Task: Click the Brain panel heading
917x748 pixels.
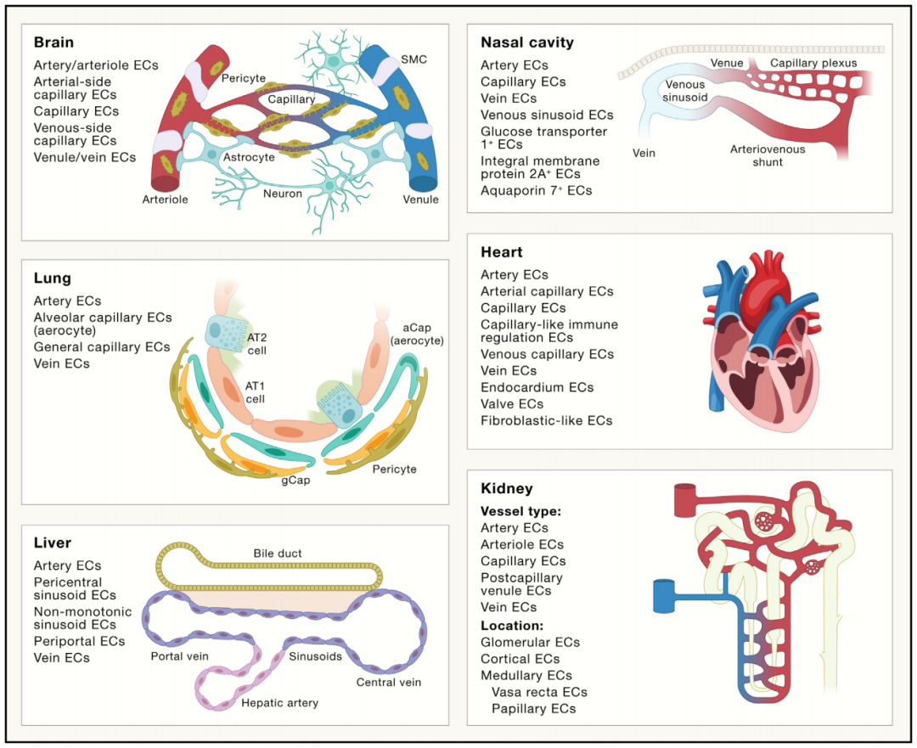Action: pyautogui.click(x=53, y=42)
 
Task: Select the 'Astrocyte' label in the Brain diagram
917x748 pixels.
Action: pyautogui.click(x=248, y=157)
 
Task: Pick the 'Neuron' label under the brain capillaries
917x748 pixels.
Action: pyautogui.click(x=282, y=194)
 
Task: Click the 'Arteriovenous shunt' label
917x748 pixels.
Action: pyautogui.click(x=768, y=156)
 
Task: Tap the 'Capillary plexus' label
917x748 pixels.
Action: pyautogui.click(x=813, y=63)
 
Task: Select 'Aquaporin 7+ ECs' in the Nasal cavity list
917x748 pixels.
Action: pyautogui.click(x=536, y=190)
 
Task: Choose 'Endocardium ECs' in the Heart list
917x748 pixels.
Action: pyautogui.click(x=537, y=387)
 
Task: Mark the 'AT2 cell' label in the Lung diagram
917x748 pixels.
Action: pyautogui.click(x=257, y=344)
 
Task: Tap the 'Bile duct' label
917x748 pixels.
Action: pyautogui.click(x=277, y=554)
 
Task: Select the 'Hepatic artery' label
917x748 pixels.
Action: pyautogui.click(x=279, y=703)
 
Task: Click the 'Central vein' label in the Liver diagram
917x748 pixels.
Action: pyautogui.click(x=388, y=682)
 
